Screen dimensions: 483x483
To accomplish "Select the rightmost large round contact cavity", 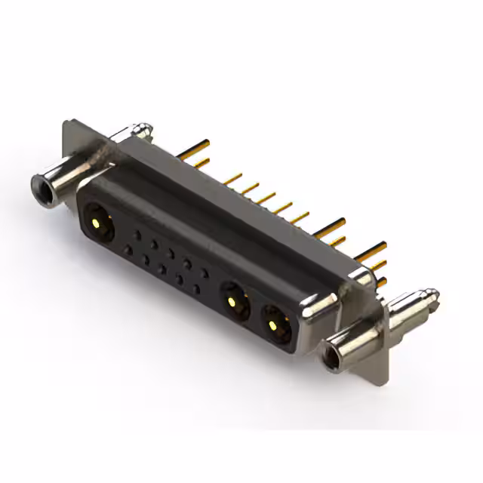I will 274,322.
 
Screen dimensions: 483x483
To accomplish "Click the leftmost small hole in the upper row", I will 137,234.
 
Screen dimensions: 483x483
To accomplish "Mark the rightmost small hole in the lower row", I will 196,288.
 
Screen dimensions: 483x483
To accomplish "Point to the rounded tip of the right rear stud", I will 431,294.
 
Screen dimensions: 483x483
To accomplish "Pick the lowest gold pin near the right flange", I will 381,281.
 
